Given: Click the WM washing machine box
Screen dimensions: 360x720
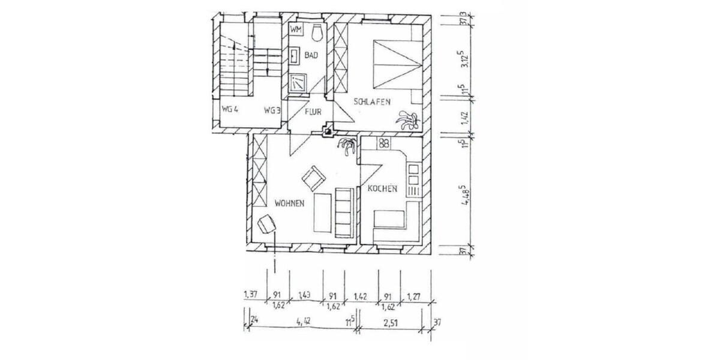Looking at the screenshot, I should point(295,29).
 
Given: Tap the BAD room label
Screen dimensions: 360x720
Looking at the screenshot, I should point(311,56).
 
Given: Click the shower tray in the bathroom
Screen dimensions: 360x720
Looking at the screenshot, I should point(298,82).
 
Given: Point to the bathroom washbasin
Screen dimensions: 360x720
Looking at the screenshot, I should point(295,56).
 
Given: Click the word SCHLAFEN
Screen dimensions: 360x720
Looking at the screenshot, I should point(372,103).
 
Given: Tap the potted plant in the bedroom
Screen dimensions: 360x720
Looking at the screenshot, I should point(407,119).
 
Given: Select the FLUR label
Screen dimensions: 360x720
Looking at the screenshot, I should point(313,112).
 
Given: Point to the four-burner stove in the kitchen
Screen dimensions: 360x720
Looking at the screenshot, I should point(384,143).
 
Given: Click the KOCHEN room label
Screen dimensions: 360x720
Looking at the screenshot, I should point(383,189).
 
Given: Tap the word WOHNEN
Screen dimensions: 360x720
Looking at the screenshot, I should point(289,203).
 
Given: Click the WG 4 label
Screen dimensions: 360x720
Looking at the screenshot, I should point(230,110).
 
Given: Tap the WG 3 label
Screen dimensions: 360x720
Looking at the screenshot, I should point(272,110).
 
